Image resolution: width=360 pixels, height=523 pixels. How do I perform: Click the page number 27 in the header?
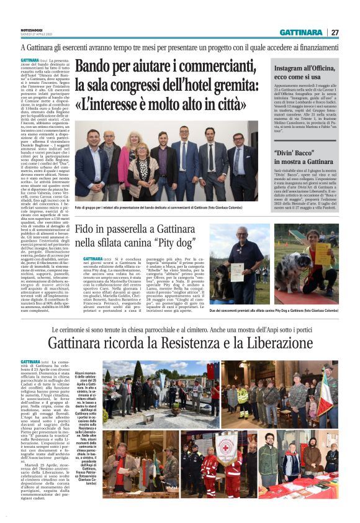pyautogui.click(x=335, y=32)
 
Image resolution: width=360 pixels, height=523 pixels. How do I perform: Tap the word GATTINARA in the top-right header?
pyautogui.click(x=300, y=32)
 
